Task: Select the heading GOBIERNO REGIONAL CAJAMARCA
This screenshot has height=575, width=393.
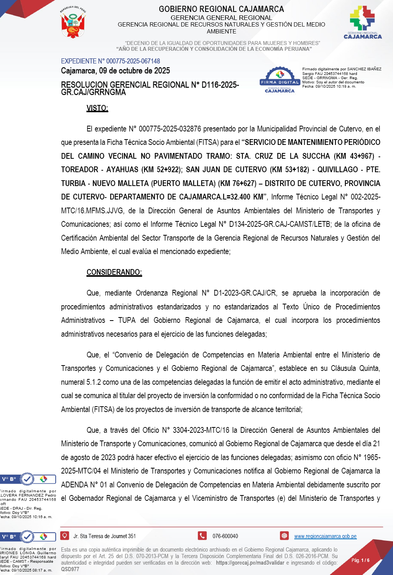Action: pos(221,9)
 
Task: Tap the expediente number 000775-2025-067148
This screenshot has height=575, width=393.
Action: pos(133,61)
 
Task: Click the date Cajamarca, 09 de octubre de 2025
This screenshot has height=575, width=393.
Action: pos(115,71)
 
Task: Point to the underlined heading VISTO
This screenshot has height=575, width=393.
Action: pos(97,108)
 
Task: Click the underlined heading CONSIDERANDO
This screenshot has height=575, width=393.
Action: pos(114,272)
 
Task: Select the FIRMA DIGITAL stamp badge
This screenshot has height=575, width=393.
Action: pos(280,80)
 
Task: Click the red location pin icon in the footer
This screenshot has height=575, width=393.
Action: pos(65,535)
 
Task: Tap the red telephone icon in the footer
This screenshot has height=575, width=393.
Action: pos(202,535)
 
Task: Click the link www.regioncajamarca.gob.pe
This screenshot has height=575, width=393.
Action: pos(325,536)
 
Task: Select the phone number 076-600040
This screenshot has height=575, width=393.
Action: pos(225,536)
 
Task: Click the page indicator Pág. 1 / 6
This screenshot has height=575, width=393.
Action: pos(360,560)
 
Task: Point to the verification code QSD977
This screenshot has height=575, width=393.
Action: pos(70,569)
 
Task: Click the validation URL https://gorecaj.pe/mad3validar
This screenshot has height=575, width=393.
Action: pos(250,563)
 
